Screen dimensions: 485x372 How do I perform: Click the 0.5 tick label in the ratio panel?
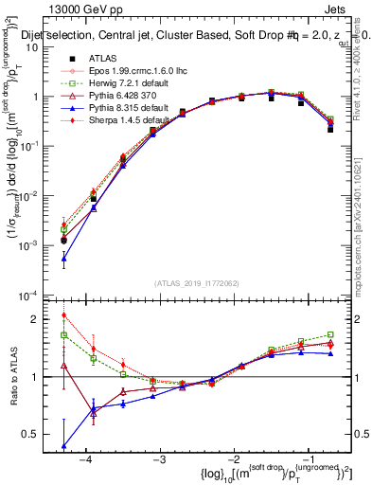(43, 435)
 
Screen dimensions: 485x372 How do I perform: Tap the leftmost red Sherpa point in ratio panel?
(63, 315)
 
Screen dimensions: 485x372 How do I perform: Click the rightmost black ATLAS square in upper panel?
(330, 129)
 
